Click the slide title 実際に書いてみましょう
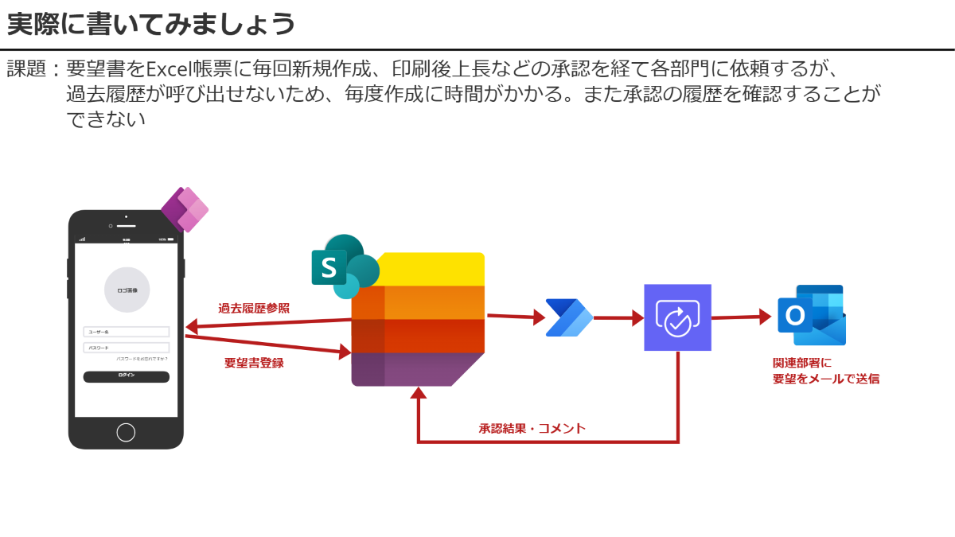pyautogui.click(x=151, y=25)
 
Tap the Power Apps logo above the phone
pyautogui.click(x=185, y=209)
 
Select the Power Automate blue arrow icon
pyautogui.click(x=568, y=318)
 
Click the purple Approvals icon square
pyautogui.click(x=677, y=317)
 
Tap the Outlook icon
pyautogui.click(x=811, y=315)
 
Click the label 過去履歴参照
pyautogui.click(x=254, y=309)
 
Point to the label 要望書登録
pyautogui.click(x=254, y=363)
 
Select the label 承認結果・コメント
pyautogui.click(x=532, y=428)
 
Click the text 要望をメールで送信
pyautogui.click(x=825, y=379)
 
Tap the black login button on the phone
pyautogui.click(x=127, y=376)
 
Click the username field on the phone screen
pyautogui.click(x=127, y=332)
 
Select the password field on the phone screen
pyautogui.click(x=127, y=348)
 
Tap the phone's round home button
pyautogui.click(x=126, y=432)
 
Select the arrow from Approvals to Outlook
pyautogui.click(x=742, y=317)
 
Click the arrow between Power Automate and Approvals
pyautogui.click(x=618, y=318)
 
